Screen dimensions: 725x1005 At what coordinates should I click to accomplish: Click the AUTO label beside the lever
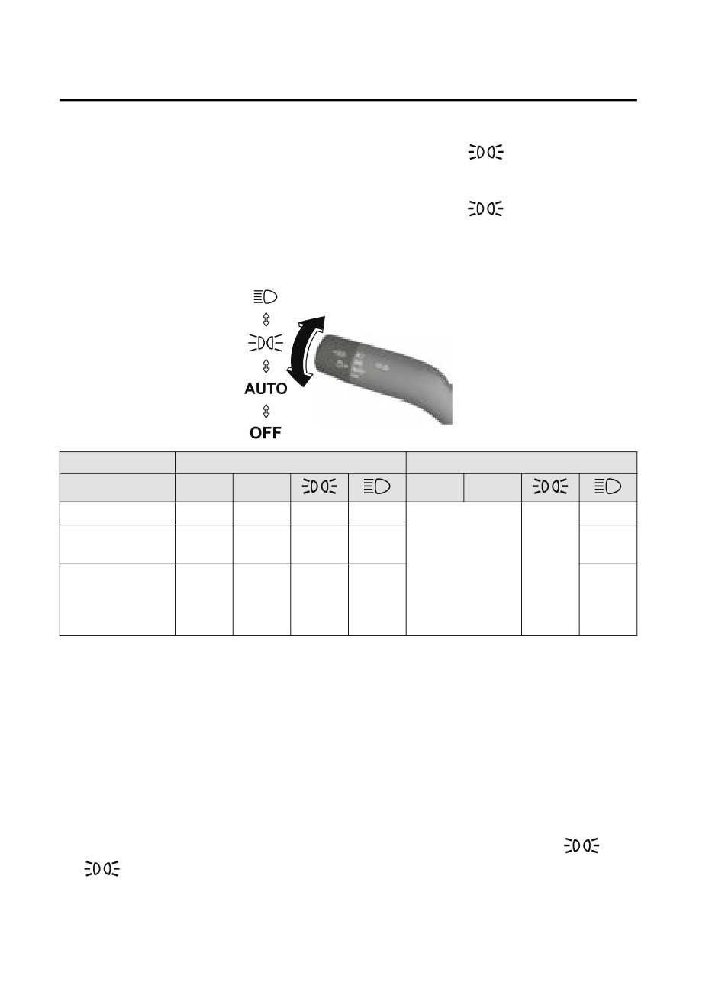266,389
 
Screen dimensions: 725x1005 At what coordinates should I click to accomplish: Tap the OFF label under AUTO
266,433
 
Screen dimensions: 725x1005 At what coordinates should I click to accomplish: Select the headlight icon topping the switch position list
266,296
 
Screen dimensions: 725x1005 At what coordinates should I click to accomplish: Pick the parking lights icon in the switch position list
266,343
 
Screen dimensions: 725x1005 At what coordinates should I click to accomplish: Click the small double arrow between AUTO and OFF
266,411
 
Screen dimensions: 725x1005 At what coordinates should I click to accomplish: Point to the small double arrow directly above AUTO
266,366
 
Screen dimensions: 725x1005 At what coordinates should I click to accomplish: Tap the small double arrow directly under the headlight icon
266,319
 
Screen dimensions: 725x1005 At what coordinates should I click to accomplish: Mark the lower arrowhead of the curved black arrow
299,378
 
